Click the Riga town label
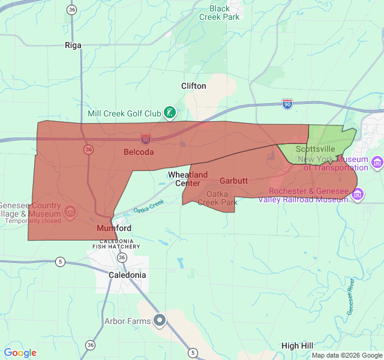tap(73, 45)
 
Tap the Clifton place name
tap(194, 86)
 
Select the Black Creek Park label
tap(220, 13)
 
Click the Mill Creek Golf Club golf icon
tap(170, 112)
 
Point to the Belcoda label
tap(139, 152)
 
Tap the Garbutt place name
tap(233, 181)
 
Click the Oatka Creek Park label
tap(217, 198)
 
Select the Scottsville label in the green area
tap(316, 149)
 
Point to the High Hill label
tap(297, 346)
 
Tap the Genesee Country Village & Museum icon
tap(70, 211)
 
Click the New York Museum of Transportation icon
tap(377, 162)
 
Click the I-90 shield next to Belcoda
tap(146, 139)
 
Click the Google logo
tap(20, 353)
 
